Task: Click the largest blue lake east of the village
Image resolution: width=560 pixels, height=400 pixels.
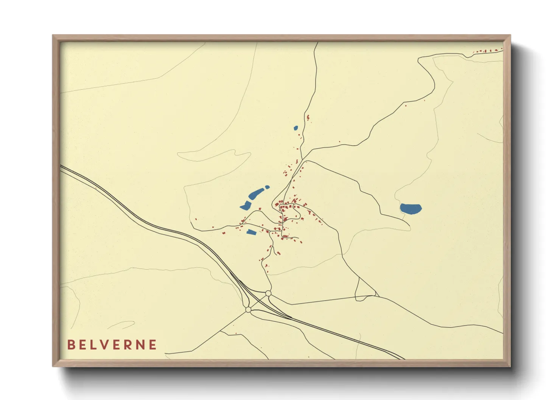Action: pyautogui.click(x=411, y=208)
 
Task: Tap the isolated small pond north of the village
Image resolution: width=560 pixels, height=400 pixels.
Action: pyautogui.click(x=296, y=128)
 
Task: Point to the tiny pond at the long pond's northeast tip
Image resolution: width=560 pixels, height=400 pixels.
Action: pyautogui.click(x=267, y=187)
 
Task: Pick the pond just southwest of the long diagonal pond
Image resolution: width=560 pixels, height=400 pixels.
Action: pyautogui.click(x=245, y=206)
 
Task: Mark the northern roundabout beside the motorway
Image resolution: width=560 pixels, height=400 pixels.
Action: pyautogui.click(x=268, y=293)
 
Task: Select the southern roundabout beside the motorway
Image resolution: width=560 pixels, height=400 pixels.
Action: pyautogui.click(x=248, y=310)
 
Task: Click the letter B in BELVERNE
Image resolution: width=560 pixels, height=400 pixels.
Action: pyautogui.click(x=71, y=345)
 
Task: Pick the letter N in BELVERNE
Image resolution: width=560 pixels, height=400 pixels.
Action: pyautogui.click(x=140, y=345)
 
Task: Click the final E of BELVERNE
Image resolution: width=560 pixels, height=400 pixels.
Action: pyautogui.click(x=153, y=345)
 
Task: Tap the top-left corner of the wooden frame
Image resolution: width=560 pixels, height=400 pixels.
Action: pyautogui.click(x=53, y=36)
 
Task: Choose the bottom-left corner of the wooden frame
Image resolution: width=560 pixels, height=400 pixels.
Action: pyautogui.click(x=53, y=366)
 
